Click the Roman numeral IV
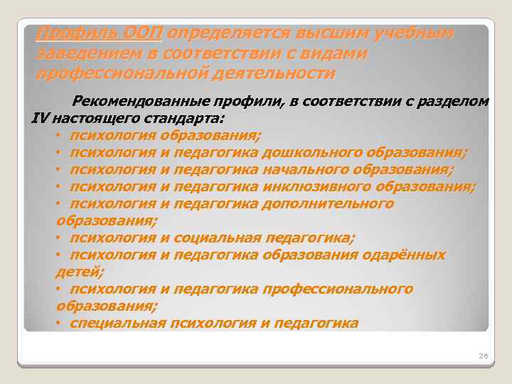[x=40, y=118]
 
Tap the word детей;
[x=76, y=272]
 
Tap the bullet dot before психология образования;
[x=58, y=135]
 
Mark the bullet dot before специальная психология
[x=58, y=323]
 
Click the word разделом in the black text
[x=455, y=102]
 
